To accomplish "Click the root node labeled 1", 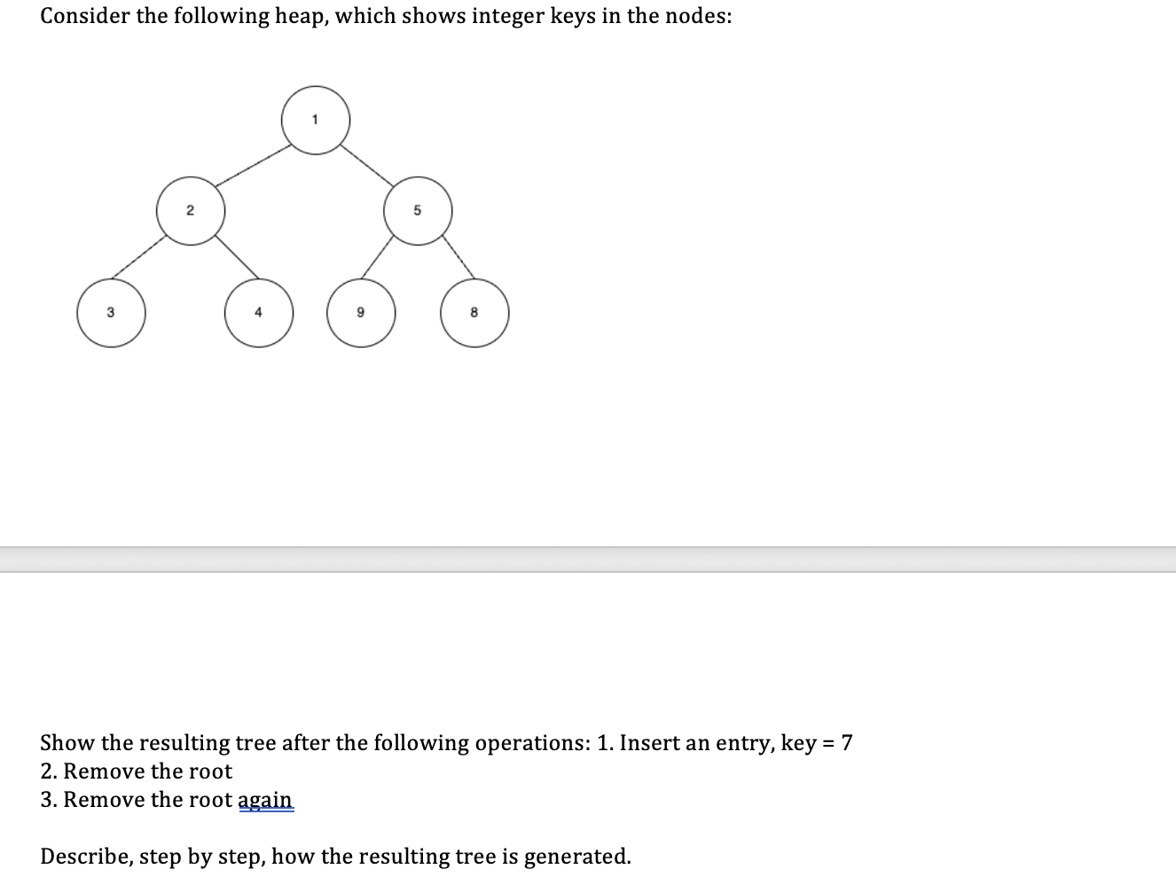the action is point(316,120).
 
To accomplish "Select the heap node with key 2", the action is point(191,211).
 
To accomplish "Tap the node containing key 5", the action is point(418,211).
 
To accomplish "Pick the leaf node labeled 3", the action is point(111,313).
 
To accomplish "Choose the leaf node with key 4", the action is point(258,313).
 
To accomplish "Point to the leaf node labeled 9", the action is point(361,313).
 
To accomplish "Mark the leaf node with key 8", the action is point(474,313).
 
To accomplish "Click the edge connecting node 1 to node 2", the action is point(254,165).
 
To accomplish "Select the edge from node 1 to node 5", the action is point(367,165).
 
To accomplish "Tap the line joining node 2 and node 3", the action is point(138,258).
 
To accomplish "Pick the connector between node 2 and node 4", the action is point(234,258).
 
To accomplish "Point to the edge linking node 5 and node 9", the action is point(377,258).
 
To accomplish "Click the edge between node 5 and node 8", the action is point(458,258).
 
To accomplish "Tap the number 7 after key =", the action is point(847,742).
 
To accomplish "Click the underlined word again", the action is point(265,799).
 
